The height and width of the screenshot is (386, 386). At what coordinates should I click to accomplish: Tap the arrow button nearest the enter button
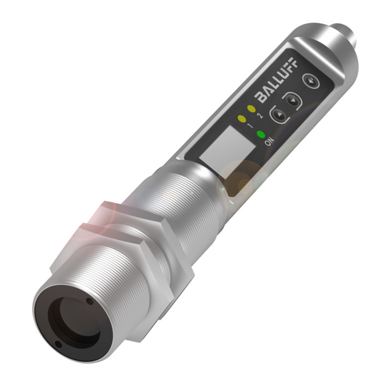pyautogui.click(x=289, y=99)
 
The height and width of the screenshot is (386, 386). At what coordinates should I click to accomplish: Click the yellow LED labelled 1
pyautogui.click(x=244, y=120)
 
